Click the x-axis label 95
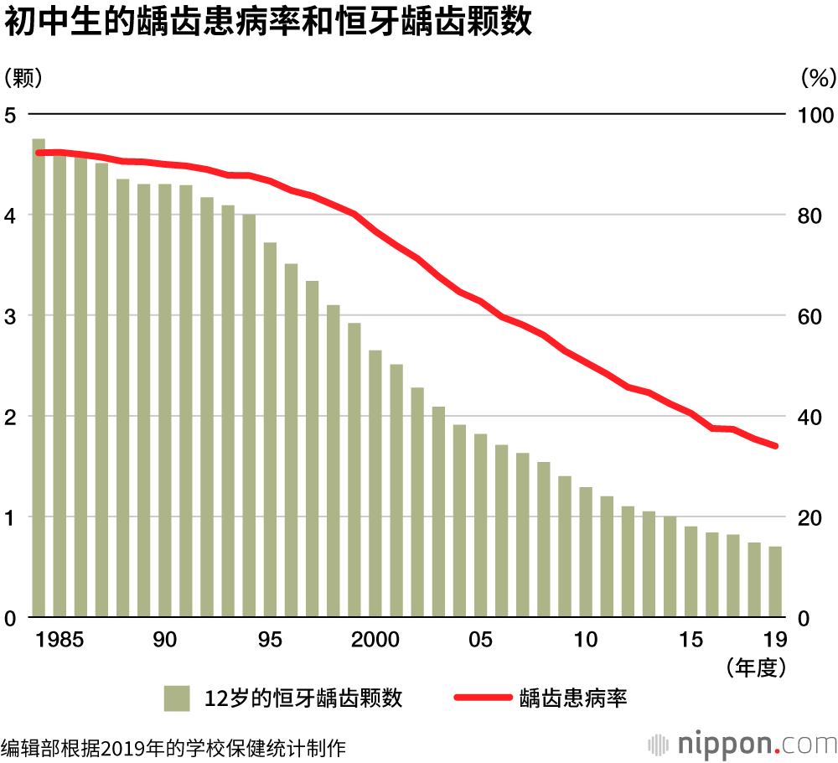(x=270, y=640)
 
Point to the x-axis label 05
(x=480, y=640)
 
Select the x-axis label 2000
(x=375, y=640)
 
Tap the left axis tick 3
(x=11, y=316)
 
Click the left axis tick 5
(x=11, y=115)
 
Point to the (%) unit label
(x=818, y=78)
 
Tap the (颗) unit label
(x=23, y=78)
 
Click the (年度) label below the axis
(x=755, y=668)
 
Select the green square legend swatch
(x=178, y=698)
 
